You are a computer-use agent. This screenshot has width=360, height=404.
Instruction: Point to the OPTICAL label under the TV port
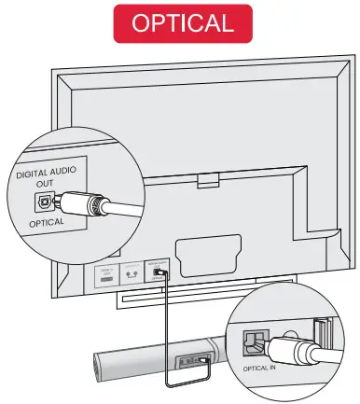tap(47, 224)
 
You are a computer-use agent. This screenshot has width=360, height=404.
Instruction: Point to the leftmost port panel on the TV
tap(104, 276)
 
